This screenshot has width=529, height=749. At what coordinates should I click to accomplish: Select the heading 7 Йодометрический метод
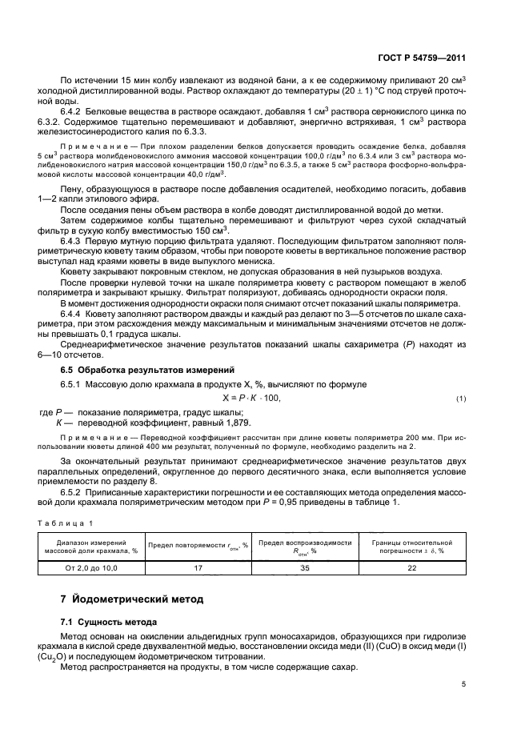pos(126,599)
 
